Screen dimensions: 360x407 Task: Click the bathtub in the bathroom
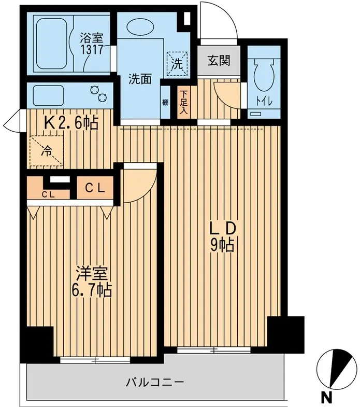[x=52, y=44]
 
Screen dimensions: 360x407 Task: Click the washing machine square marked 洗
[x=177, y=64]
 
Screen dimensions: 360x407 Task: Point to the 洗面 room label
[x=140, y=79]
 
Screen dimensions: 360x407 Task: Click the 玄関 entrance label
[x=219, y=61]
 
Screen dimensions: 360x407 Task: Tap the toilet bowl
[x=264, y=74]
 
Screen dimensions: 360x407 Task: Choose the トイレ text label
[x=264, y=101]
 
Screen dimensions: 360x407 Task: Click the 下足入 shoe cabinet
[x=184, y=102]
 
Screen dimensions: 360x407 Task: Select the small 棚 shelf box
[x=165, y=102]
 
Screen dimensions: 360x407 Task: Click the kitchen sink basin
[x=48, y=95]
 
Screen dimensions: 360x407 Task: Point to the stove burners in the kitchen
[x=99, y=93]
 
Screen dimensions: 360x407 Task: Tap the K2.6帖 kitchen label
[x=71, y=123]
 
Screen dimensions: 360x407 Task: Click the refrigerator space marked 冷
[x=47, y=150]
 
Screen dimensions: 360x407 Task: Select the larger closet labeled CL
[x=95, y=188]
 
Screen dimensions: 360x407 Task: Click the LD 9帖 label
[x=223, y=237]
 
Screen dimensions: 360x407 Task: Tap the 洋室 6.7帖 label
[x=91, y=282]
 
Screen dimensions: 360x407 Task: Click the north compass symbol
[x=336, y=368]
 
